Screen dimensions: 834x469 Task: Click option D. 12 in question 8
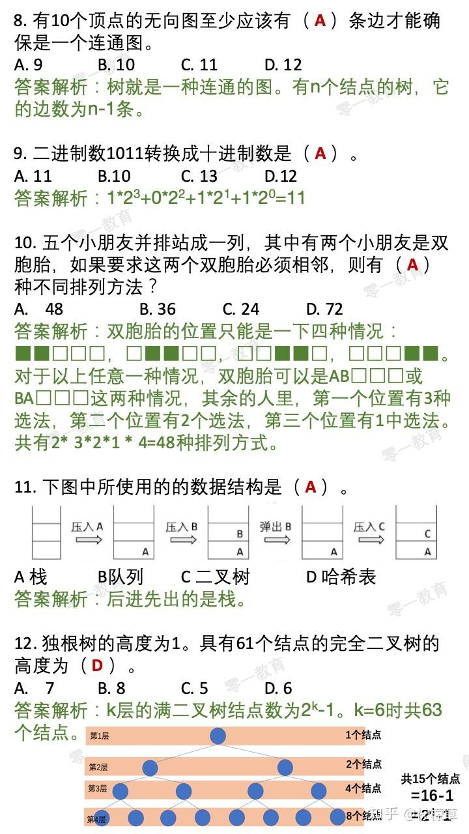coord(283,65)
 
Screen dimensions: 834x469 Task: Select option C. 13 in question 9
coord(199,176)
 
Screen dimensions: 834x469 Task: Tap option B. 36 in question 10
coord(158,309)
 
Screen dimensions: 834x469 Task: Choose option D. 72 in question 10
coord(324,309)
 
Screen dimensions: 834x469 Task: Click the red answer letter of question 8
coord(320,21)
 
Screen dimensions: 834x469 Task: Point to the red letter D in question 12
coord(98,665)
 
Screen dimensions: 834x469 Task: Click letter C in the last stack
coord(427,534)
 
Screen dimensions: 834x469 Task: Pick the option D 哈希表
coord(341,577)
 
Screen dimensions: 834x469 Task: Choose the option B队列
coord(120,577)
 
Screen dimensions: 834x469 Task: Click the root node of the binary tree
coord(218,736)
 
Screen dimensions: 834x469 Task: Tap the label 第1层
coord(99,736)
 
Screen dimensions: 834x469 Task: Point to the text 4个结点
coord(363,788)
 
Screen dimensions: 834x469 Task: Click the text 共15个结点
coord(430,778)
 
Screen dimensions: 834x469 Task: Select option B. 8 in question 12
coord(111,688)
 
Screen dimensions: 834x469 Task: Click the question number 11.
coord(23,487)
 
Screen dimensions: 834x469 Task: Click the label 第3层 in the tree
coord(97,789)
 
